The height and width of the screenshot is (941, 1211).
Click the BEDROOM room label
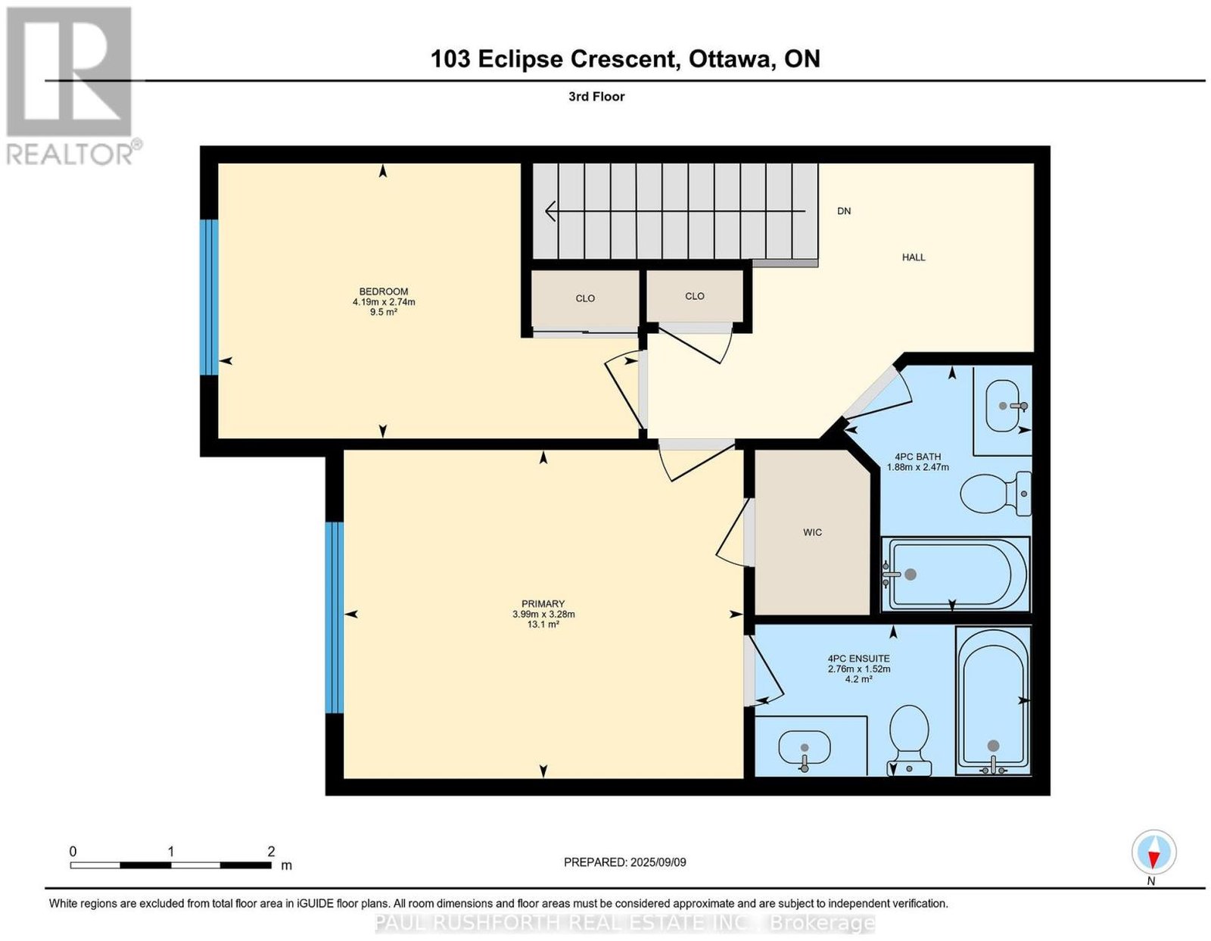point(384,291)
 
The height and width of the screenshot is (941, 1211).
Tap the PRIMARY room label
point(543,604)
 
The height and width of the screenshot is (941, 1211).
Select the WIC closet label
point(812,533)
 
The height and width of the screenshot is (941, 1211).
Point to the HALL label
point(914,257)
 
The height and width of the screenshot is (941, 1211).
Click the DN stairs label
point(844,211)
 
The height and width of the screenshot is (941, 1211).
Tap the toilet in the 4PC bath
point(995,494)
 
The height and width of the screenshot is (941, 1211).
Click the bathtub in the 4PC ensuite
point(992,700)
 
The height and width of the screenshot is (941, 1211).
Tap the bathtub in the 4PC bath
point(955,574)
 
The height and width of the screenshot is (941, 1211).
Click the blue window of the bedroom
point(209,297)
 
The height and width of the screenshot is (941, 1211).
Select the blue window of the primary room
point(335,618)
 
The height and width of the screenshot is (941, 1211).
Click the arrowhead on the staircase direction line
point(550,211)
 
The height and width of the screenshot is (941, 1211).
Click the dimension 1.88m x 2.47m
point(918,467)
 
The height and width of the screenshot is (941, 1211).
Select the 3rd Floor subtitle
point(596,96)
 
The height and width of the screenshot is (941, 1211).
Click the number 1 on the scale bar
point(171,852)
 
